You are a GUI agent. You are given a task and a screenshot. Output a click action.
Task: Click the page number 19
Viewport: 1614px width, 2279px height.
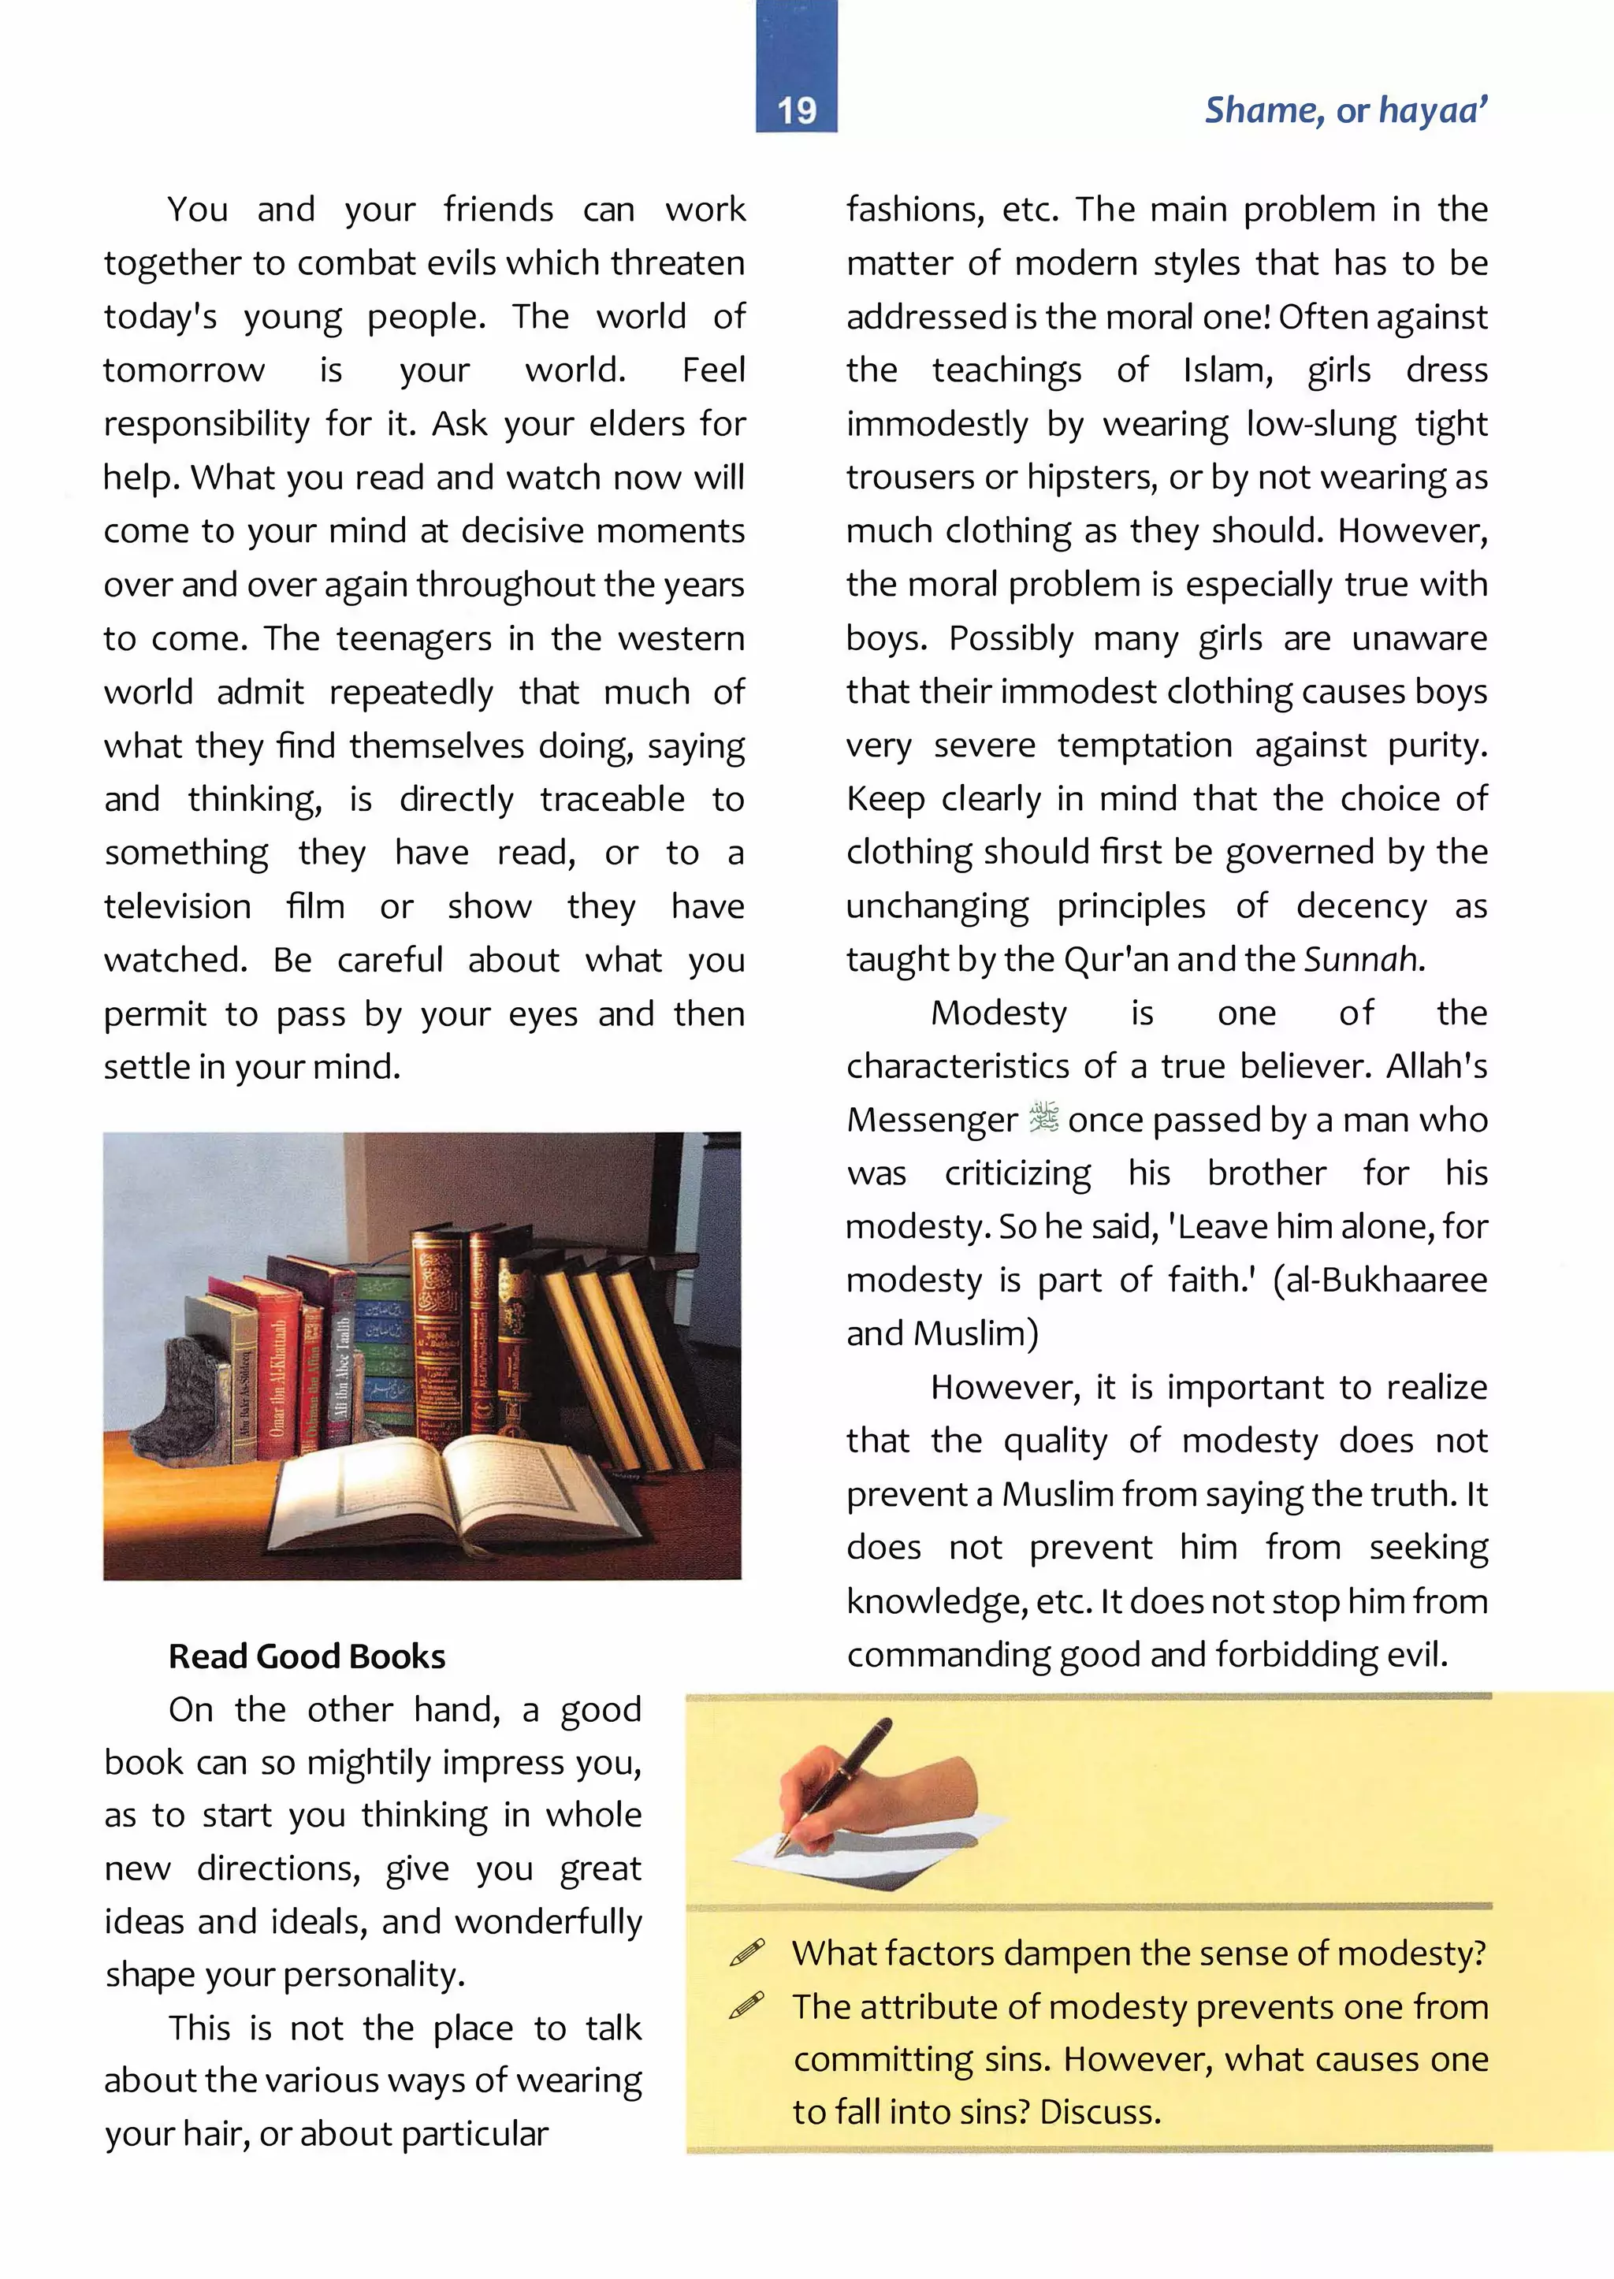(796, 110)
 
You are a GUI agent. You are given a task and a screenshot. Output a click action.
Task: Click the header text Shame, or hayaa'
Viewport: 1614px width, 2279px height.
(1346, 110)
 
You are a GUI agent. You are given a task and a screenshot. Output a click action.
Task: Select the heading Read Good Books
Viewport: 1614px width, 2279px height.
(306, 1656)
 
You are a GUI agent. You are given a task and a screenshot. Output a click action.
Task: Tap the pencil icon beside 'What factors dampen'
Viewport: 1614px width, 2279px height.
(747, 1952)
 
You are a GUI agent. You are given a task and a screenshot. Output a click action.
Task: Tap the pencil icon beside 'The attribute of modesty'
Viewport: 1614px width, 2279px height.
(747, 2006)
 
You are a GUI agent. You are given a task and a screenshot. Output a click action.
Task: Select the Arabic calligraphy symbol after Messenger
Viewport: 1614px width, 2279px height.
(1043, 1118)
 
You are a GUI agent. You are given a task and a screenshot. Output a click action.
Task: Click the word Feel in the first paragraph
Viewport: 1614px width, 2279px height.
(712, 370)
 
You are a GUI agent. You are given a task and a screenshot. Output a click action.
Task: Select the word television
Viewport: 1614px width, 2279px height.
(178, 905)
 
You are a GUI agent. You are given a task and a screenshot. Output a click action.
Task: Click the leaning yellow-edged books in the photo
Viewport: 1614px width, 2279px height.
(616, 1362)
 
